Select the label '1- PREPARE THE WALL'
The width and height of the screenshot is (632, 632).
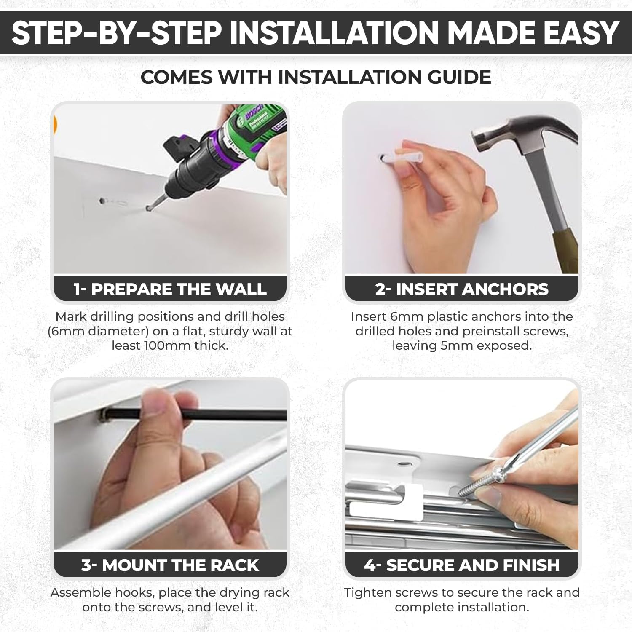click(x=170, y=289)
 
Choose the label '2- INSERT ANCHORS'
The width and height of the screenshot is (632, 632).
click(x=462, y=289)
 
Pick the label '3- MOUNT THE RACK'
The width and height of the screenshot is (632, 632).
click(x=170, y=565)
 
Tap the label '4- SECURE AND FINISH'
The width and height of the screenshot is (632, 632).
click(x=462, y=565)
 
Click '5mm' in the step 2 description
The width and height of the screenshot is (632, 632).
click(x=463, y=345)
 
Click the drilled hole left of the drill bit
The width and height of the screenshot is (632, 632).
click(x=102, y=201)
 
